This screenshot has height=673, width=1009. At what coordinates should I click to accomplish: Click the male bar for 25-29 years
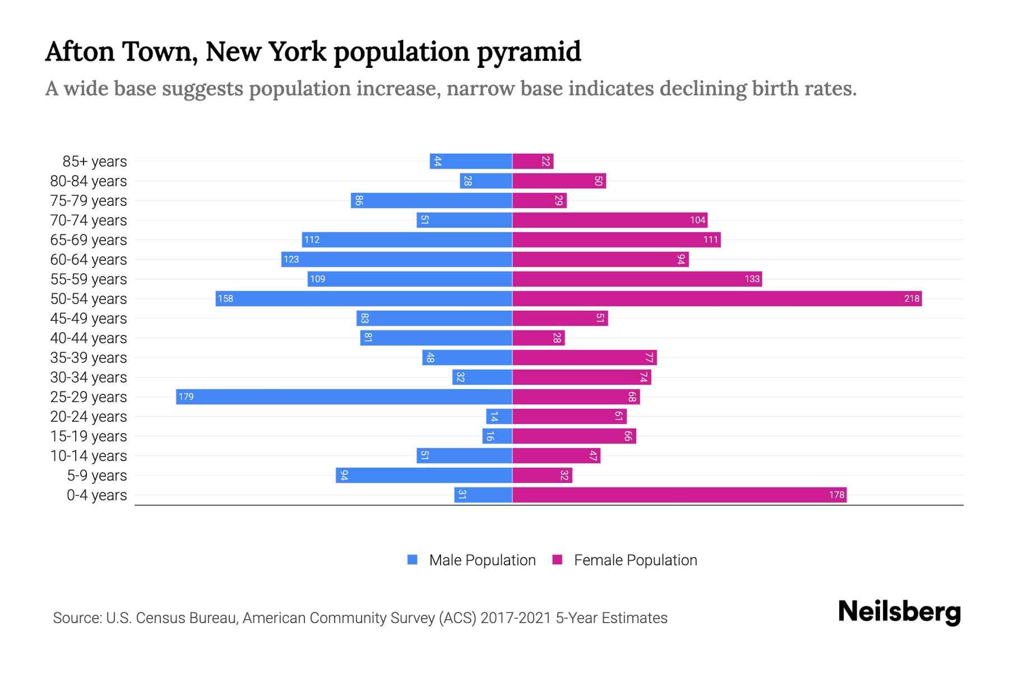coord(344,397)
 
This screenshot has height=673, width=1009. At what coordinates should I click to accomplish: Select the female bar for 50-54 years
coord(716,299)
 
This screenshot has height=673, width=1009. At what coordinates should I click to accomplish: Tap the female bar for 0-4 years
coord(679,495)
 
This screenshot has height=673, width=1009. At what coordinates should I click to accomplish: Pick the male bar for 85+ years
coord(471,162)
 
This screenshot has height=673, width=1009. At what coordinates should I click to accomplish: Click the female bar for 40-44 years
coord(538,338)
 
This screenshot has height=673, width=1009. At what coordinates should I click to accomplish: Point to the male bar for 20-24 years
coord(499,417)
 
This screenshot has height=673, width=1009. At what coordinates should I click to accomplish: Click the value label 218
coord(911,299)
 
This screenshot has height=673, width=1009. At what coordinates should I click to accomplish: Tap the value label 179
coord(186,397)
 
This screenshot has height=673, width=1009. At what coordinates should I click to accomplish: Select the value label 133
coord(752,279)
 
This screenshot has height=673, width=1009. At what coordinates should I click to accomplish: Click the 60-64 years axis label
coord(89,260)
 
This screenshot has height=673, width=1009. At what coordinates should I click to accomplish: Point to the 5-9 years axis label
coord(96,476)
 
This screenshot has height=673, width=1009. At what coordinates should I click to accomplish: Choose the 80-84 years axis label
coord(89,181)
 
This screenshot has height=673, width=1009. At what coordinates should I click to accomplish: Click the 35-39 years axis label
coord(89,358)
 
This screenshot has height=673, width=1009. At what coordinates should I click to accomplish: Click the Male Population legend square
coord(413,560)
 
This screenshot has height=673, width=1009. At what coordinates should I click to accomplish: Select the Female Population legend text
coord(635,560)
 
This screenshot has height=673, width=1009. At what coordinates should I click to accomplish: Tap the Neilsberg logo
coord(899,612)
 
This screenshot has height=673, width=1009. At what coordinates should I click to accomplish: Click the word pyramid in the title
coord(529,52)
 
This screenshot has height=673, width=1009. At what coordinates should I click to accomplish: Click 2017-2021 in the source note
coord(515,618)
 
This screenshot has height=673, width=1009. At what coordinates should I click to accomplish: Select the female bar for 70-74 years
coord(609,220)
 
